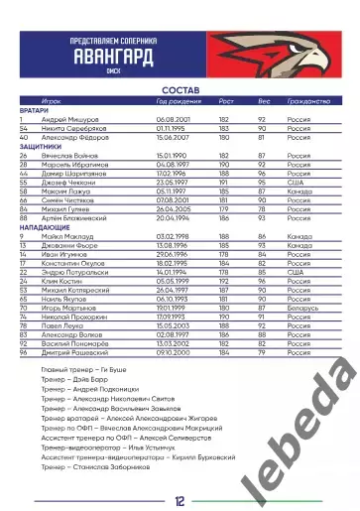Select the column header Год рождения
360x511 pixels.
coord(180,101)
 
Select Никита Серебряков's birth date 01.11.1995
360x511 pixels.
coord(176,128)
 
